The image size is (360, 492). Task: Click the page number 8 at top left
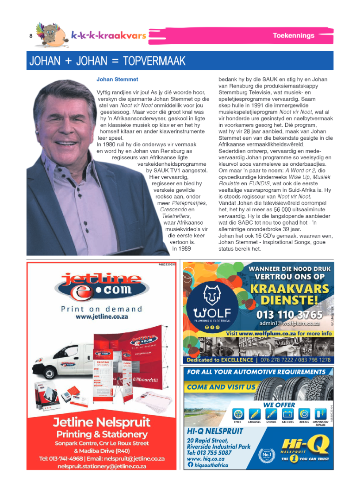click(x=31, y=36)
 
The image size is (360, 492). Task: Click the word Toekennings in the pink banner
click(x=291, y=35)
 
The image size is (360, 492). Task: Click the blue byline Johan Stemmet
click(x=117, y=80)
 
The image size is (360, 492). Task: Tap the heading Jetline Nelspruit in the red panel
click(x=101, y=422)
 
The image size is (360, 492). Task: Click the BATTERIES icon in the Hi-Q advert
click(x=288, y=415)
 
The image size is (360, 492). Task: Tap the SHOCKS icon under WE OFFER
click(x=271, y=415)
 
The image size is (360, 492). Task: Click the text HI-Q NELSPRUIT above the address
click(x=214, y=431)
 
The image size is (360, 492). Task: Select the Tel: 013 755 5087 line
click(x=209, y=453)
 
